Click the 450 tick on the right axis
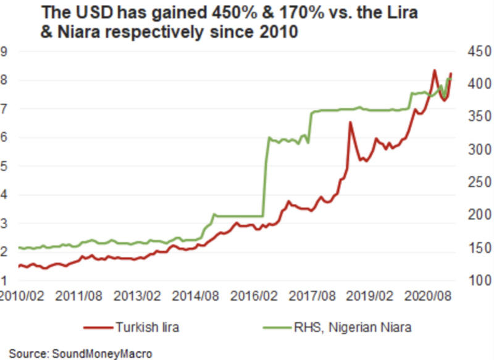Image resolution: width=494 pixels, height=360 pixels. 475,52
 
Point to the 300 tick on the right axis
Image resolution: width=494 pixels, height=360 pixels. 475,149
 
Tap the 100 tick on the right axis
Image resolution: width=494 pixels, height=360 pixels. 475,280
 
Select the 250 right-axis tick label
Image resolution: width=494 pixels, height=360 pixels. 475,182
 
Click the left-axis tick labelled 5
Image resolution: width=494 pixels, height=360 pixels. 4,166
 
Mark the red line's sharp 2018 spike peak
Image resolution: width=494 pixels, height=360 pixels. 350,122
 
